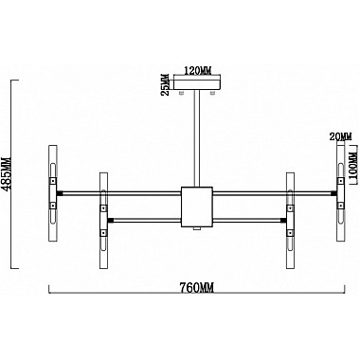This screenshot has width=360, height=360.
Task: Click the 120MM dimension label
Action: [x=197, y=71]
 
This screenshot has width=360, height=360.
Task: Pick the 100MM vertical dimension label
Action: [x=352, y=171]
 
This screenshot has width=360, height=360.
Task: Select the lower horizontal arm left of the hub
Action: [x=147, y=220]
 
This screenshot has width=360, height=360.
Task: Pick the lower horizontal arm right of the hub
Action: [x=248, y=220]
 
